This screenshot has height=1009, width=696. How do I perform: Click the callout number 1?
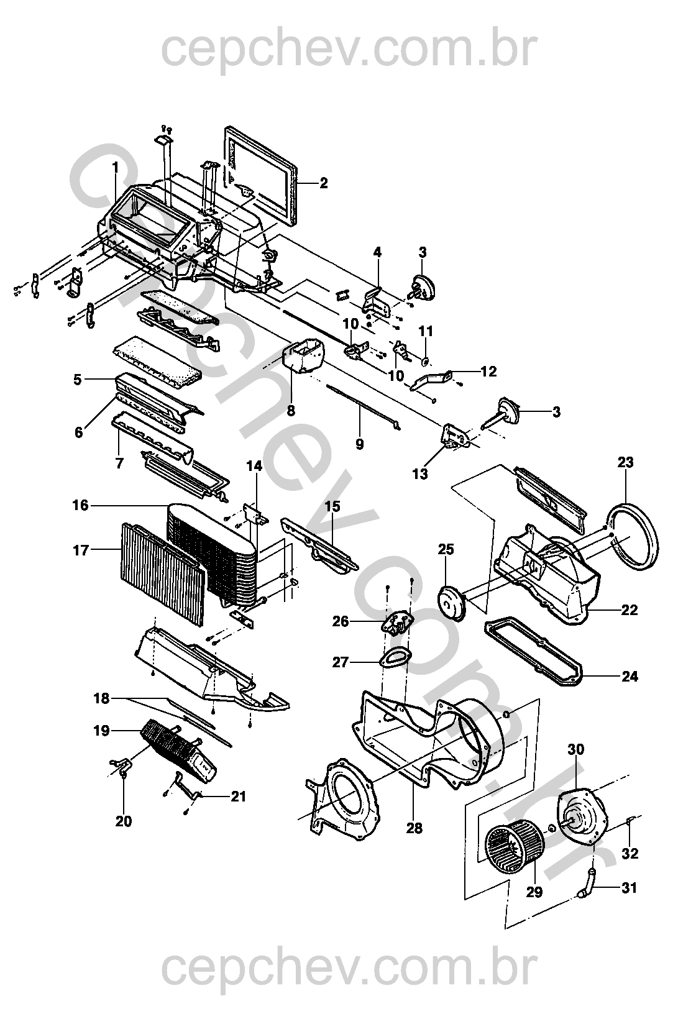(115, 167)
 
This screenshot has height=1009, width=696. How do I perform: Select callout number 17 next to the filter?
(81, 550)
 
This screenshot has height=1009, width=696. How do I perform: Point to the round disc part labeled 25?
(452, 601)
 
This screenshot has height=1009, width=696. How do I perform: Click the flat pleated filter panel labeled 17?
(163, 572)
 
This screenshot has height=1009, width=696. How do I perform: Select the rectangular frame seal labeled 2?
(261, 173)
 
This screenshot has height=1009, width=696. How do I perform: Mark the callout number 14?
(254, 465)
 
